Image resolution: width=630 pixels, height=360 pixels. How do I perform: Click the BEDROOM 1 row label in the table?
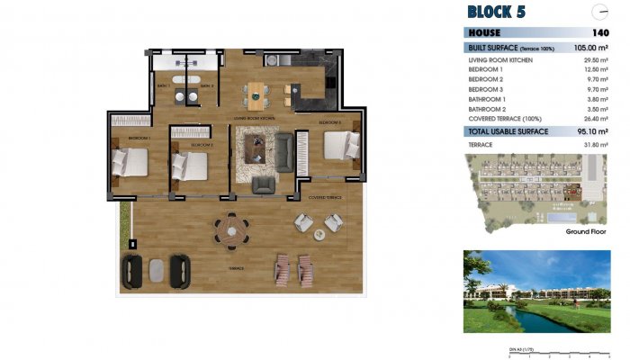[485, 68]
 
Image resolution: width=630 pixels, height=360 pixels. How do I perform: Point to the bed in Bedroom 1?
[129, 163]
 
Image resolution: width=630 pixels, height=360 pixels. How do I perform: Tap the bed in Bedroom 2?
[191, 165]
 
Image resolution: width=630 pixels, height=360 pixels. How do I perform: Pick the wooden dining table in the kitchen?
[258, 93]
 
